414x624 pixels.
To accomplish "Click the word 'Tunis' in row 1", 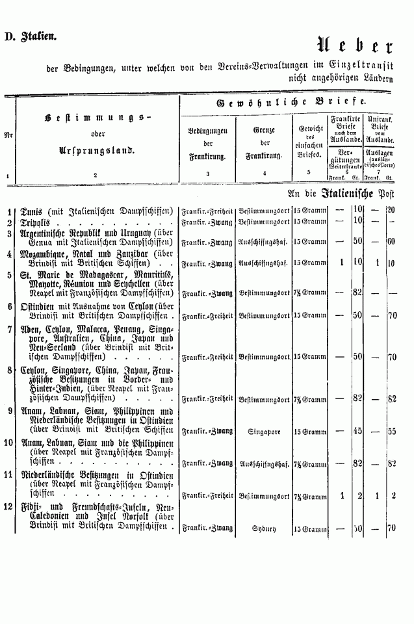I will (x=32, y=211).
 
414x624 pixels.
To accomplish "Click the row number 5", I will (x=8, y=275).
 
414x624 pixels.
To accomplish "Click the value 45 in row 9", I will (x=357, y=430).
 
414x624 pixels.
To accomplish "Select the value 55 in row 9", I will (x=391, y=430).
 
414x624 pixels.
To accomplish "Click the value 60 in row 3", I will (x=391, y=241).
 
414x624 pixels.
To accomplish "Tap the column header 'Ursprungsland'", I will (x=95, y=149).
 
